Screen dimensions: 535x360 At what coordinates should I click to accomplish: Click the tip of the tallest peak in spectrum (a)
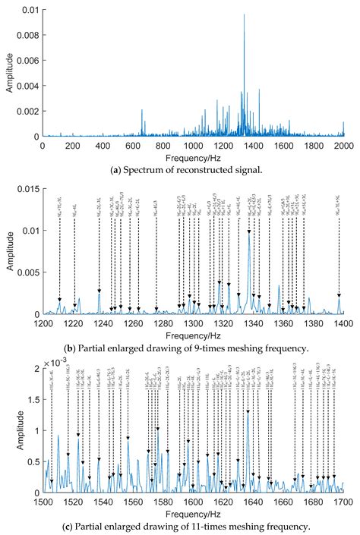(244, 14)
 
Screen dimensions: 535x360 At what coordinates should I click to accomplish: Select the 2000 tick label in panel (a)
(343, 144)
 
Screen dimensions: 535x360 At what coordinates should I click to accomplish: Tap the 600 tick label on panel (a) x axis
(132, 144)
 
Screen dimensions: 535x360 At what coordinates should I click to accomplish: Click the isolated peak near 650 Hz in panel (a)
(141, 110)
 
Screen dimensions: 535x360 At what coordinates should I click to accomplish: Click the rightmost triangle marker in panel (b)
(339, 295)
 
